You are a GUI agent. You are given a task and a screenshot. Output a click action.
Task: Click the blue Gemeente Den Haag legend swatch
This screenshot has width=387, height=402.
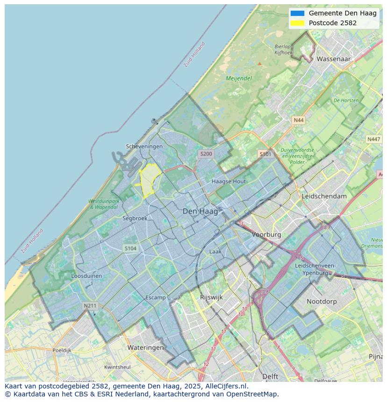[x=297, y=13]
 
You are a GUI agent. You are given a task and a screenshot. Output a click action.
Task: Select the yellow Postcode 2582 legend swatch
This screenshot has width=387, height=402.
[x=297, y=23]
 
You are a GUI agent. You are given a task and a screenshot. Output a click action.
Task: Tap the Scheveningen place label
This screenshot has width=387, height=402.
[x=144, y=146]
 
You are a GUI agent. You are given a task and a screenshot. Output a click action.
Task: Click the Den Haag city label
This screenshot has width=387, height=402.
[x=200, y=212]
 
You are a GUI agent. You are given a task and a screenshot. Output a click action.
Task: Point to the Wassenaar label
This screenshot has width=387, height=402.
[x=334, y=59]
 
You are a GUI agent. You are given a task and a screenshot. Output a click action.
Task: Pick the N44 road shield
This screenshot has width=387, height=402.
[x=298, y=120]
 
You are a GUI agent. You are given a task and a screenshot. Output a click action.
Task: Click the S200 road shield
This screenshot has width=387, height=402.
[x=206, y=154]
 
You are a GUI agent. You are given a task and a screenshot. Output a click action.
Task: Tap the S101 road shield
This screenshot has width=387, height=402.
[x=265, y=154]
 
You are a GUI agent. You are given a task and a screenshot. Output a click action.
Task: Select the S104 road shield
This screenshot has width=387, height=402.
[x=130, y=248]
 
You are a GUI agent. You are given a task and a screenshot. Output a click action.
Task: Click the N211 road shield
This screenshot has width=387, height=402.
[x=90, y=306]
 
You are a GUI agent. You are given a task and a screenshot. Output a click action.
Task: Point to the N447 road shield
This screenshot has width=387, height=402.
[x=373, y=139]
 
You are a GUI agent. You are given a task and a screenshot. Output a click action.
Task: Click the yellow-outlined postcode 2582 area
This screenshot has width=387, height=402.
[x=149, y=180]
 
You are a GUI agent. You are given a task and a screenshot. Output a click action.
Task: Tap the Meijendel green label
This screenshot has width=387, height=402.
[x=239, y=78]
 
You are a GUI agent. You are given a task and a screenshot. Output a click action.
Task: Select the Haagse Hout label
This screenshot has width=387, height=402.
[x=229, y=181]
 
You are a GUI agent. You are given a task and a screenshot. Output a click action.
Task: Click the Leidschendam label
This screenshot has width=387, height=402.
[x=324, y=196]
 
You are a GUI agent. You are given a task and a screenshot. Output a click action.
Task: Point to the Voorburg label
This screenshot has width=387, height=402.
[x=266, y=234]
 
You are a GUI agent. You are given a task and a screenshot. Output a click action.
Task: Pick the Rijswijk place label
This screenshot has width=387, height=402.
[x=211, y=297]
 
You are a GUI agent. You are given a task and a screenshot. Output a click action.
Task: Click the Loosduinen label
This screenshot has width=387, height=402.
[x=86, y=276]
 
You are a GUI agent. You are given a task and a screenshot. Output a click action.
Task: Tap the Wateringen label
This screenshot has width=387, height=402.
[x=145, y=347]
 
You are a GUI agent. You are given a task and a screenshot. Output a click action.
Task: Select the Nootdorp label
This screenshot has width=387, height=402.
[x=322, y=302]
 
